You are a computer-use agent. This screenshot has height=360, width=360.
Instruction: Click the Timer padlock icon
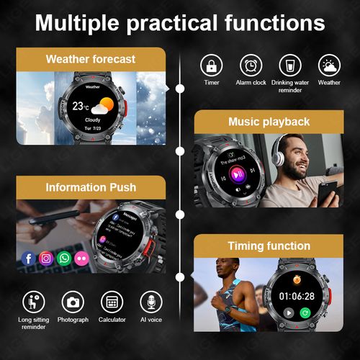tap(212, 66)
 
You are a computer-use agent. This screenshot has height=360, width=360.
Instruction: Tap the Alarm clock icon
tap(251, 66)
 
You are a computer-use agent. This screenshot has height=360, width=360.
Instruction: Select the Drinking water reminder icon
tap(290, 66)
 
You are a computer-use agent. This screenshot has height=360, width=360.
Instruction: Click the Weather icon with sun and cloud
tap(329, 66)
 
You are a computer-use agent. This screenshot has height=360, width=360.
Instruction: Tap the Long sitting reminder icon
tap(33, 302)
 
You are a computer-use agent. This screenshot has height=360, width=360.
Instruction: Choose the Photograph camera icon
tap(73, 302)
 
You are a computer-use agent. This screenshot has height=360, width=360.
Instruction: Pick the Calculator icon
tap(112, 302)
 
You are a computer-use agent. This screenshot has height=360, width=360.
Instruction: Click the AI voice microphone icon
tap(150, 302)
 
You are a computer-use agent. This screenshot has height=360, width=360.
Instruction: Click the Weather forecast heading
tap(90, 59)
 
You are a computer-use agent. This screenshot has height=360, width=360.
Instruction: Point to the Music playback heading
tap(269, 122)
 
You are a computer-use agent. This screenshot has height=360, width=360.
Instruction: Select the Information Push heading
tap(90, 187)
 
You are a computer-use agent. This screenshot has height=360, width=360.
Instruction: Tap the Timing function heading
tap(269, 246)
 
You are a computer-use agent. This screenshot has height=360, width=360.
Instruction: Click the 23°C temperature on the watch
tap(81, 105)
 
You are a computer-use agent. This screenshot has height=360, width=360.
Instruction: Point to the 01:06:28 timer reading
tap(297, 296)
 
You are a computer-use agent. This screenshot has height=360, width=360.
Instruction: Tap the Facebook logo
tap(29, 258)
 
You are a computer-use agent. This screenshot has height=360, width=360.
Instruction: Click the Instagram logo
tap(46, 258)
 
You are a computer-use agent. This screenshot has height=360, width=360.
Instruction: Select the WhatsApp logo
tap(64, 258)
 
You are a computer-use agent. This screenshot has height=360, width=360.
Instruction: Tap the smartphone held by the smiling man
tap(328, 191)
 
